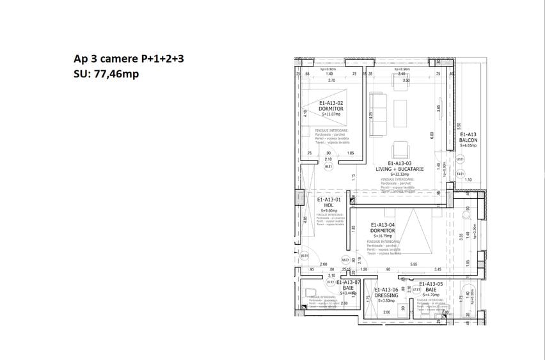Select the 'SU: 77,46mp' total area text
(x=106, y=74)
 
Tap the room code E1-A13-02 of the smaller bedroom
(x=331, y=103)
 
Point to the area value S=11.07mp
(x=331, y=114)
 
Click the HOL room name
(x=329, y=205)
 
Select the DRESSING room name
(x=386, y=295)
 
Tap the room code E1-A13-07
(x=349, y=282)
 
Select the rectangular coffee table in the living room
(x=402, y=113)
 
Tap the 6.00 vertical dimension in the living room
(x=432, y=135)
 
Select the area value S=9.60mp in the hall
(x=329, y=210)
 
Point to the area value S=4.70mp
(x=430, y=295)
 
